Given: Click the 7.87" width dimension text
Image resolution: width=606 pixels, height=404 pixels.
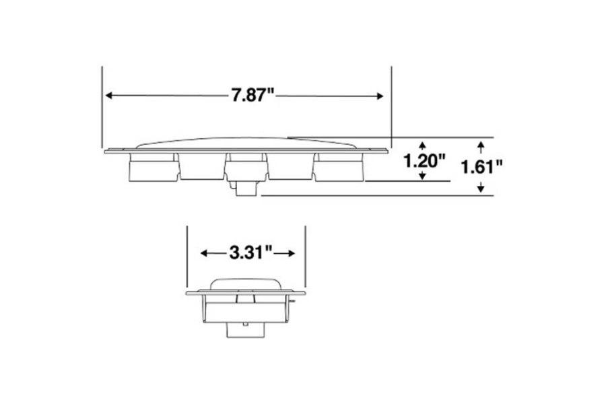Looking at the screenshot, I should (253, 96).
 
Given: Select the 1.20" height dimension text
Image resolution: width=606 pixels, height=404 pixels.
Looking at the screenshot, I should (424, 162).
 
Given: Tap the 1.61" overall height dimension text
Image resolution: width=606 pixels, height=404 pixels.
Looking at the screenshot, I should (482, 166).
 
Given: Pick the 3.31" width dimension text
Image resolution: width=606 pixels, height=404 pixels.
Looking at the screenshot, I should (250, 253).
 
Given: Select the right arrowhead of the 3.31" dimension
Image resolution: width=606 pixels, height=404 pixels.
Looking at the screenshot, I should (292, 254).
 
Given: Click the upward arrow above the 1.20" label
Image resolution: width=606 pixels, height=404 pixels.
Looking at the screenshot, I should (422, 145).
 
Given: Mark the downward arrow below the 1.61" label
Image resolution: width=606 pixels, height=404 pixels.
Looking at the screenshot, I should (480, 189).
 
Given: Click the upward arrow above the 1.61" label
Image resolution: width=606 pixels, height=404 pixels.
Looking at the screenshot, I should (480, 145).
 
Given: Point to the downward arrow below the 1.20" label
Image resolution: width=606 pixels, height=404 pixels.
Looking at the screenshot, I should (422, 176).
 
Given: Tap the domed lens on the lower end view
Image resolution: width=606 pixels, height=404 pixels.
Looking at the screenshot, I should (245, 283).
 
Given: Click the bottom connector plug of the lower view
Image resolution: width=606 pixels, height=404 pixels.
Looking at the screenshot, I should (245, 330).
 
